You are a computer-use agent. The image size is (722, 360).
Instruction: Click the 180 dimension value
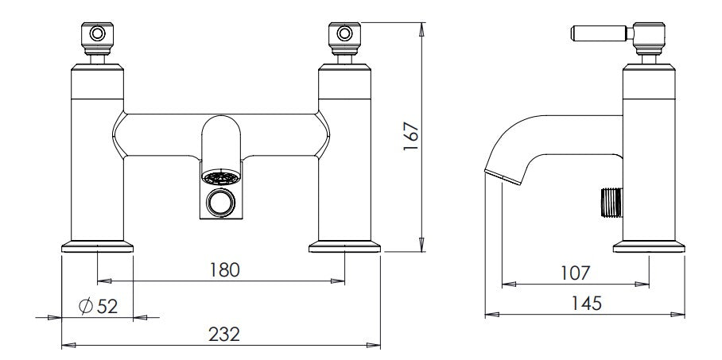tap(225, 269)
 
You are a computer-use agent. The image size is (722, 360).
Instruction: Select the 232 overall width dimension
tap(224, 335)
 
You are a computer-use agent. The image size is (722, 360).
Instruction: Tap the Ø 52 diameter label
tap(98, 306)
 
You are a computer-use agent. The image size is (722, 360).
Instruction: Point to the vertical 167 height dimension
tap(411, 136)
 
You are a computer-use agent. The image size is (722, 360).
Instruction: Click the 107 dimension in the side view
tap(575, 273)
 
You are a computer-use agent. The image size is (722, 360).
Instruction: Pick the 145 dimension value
tap(586, 304)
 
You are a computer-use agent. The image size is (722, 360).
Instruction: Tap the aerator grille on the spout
tap(221, 177)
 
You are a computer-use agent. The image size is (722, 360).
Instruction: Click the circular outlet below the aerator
tap(220, 202)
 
